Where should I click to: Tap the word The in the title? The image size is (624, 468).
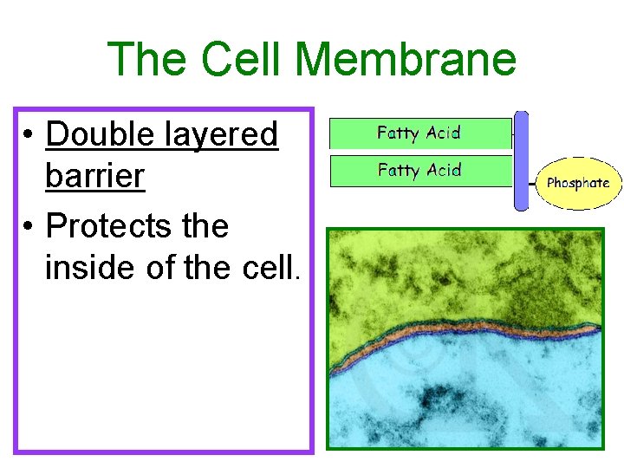click(148, 60)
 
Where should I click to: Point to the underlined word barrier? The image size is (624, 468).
click(94, 176)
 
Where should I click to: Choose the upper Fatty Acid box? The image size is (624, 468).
click(419, 133)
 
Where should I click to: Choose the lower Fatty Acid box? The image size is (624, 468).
click(419, 171)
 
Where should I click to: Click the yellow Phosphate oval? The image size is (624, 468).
click(578, 183)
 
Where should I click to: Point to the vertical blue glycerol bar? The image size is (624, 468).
click(521, 161)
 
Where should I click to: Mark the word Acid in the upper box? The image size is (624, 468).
click(442, 133)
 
